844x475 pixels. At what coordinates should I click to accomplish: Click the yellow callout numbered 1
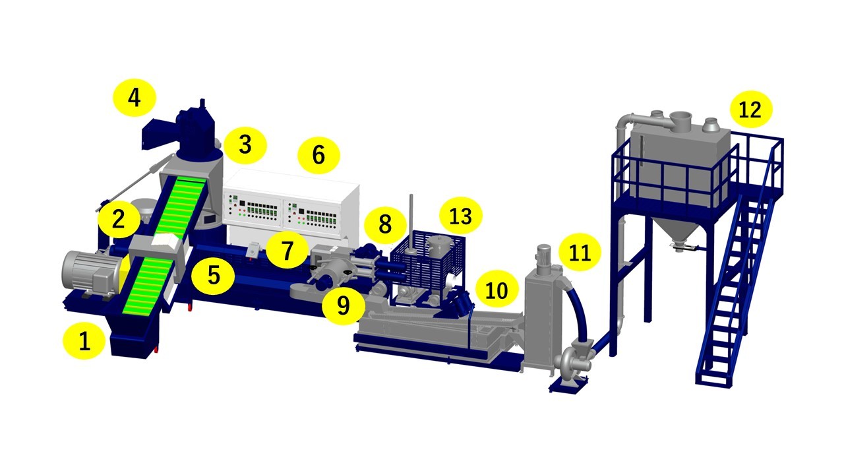(84, 341)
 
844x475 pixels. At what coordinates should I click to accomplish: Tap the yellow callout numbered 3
(245, 145)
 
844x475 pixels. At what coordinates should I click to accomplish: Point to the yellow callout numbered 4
(135, 98)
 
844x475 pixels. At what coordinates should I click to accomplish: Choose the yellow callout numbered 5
(213, 276)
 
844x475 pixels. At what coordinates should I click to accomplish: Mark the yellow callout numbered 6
(318, 155)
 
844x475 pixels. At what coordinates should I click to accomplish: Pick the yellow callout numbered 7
(287, 250)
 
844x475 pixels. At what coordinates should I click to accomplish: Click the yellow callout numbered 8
(385, 225)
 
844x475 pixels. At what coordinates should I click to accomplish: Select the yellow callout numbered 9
(344, 306)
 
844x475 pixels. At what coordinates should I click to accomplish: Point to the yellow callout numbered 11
(580, 252)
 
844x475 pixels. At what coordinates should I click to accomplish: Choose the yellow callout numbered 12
(751, 110)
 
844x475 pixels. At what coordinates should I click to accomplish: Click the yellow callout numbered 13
(461, 216)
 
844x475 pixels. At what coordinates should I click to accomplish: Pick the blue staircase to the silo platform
(735, 290)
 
